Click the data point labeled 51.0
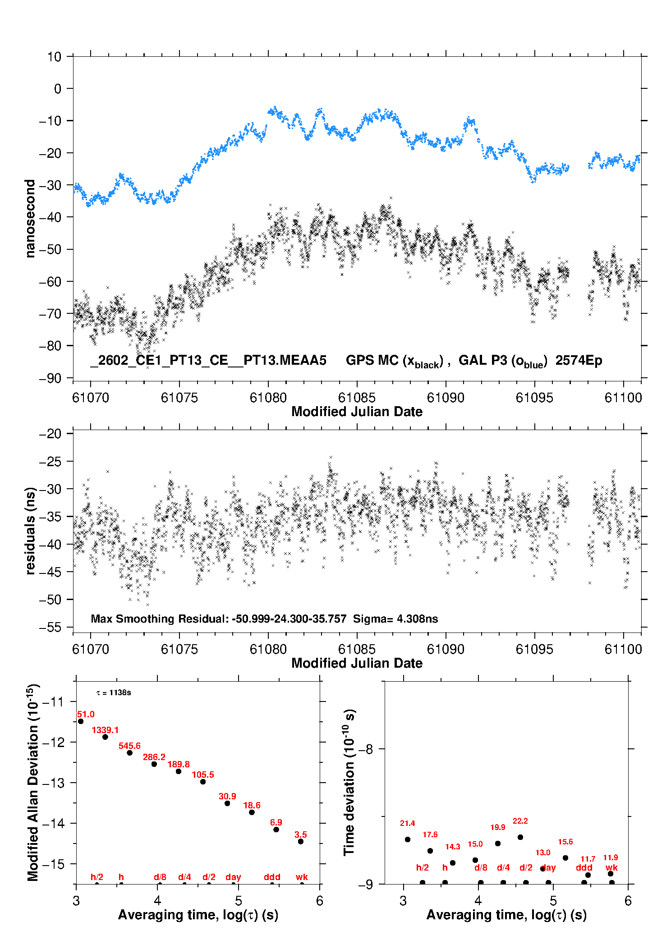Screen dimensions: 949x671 pos(81,721)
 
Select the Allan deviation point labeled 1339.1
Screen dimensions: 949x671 pos(105,737)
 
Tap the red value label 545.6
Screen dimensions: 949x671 pos(129,746)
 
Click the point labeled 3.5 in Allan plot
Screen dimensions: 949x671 pos(301,841)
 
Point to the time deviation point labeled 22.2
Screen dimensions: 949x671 pos(520,837)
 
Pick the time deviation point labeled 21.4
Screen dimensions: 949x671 pos(408,839)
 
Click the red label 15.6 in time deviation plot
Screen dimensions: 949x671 pos(565,842)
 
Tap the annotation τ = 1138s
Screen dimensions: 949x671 pos(114,692)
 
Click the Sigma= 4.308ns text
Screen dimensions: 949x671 pos(395,619)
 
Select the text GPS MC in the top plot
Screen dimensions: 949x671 pos(372,360)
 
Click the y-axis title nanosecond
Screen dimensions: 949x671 pos(30,218)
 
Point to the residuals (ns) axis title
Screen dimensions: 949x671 pos(30,531)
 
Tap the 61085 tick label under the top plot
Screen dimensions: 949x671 pos(357,398)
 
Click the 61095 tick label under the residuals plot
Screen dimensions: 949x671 pos(534,649)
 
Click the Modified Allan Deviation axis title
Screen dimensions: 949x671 pos(33,783)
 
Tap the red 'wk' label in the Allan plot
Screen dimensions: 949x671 pos(302,877)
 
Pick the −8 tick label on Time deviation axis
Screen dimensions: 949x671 pos(366,749)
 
